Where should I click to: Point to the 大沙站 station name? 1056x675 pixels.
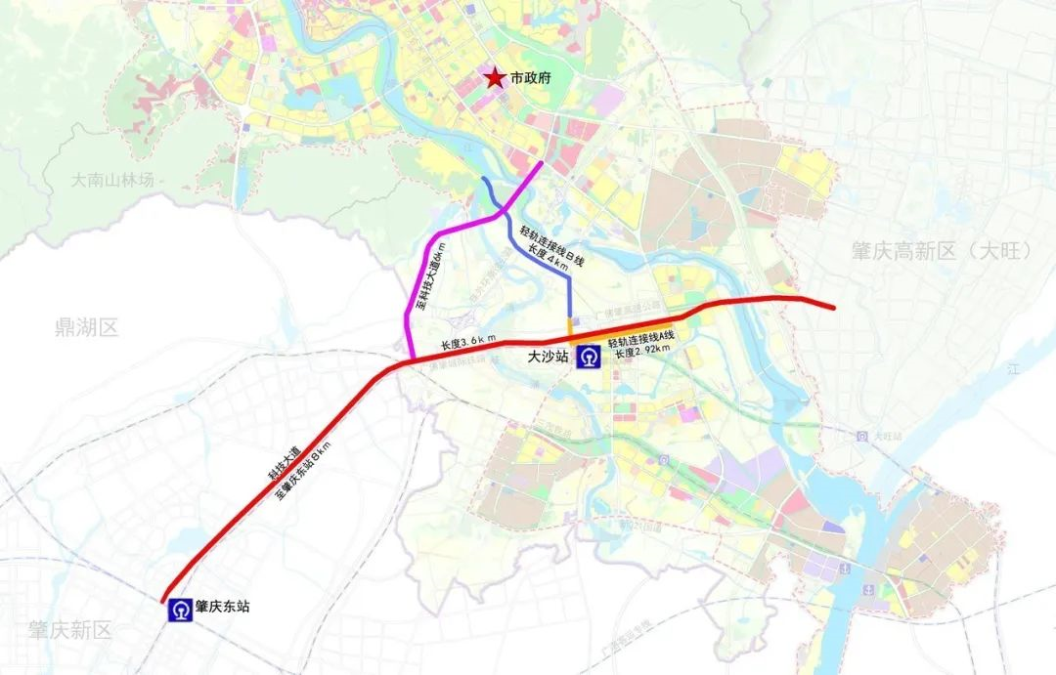[x=549, y=359]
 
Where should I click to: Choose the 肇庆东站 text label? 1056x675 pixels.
[x=222, y=607]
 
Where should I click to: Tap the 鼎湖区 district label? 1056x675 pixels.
[x=87, y=327]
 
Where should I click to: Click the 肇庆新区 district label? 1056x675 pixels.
[x=69, y=630]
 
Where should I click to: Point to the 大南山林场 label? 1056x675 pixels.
[x=113, y=181]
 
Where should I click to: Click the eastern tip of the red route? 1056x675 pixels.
[x=833, y=308]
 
